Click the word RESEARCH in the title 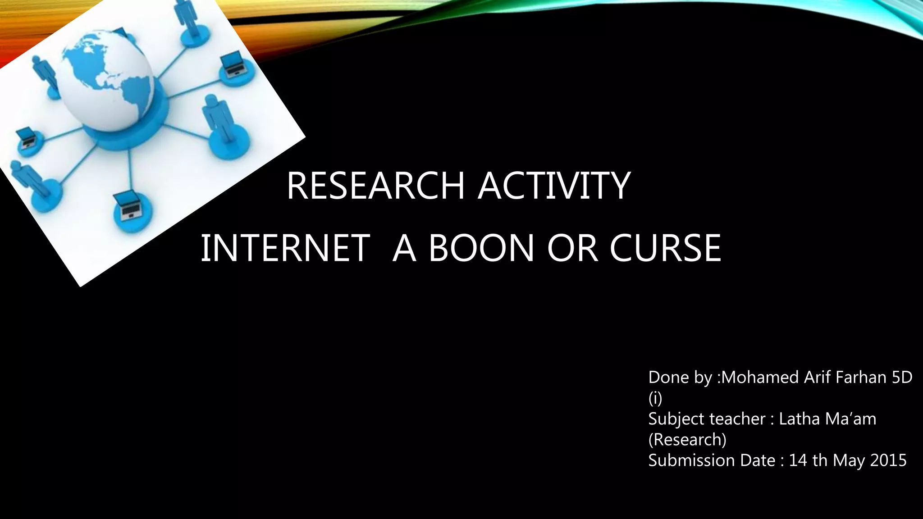(x=375, y=186)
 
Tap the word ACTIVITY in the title (x=554, y=186)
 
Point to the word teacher (x=738, y=419)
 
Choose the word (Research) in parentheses (x=687, y=439)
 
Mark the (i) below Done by (x=655, y=398)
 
